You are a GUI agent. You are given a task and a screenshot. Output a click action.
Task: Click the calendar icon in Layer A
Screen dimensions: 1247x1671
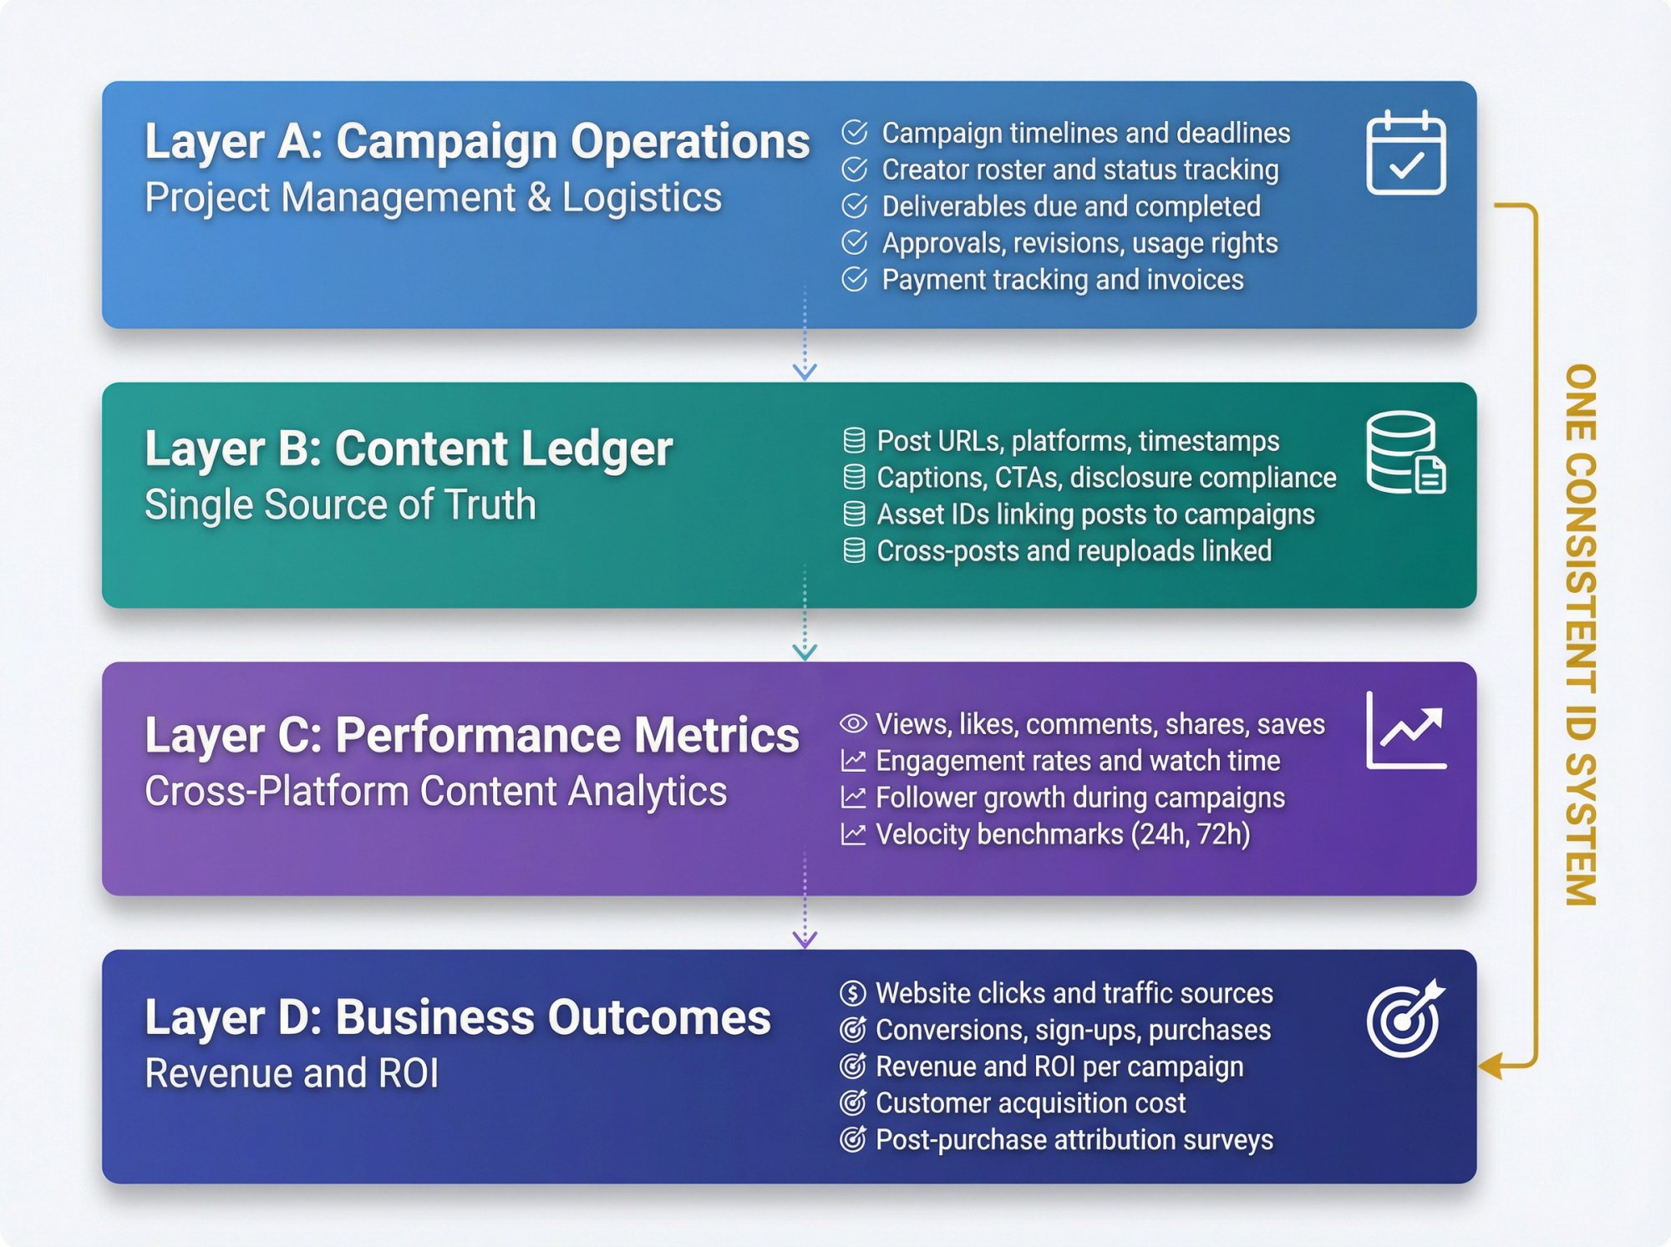pos(1406,154)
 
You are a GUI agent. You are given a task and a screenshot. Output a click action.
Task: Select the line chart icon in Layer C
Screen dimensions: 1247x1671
pos(1406,730)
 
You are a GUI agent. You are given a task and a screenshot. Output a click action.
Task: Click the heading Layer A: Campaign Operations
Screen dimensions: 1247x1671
pos(477,141)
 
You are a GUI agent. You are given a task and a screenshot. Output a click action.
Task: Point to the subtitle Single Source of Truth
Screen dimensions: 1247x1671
pos(340,504)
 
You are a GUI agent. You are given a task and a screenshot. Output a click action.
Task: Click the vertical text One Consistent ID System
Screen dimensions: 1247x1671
pos(1580,635)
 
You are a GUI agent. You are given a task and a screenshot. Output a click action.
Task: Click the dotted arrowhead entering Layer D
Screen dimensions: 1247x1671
pos(805,939)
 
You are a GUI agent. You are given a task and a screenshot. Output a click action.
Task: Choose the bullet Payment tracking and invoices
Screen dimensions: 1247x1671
pos(1062,280)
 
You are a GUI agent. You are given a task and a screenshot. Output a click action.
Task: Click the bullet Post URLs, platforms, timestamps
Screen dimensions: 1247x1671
pos(1078,441)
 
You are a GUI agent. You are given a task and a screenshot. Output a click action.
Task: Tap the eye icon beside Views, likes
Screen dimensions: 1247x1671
pos(853,723)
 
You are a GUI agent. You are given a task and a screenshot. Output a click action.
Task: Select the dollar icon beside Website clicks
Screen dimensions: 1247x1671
pos(852,993)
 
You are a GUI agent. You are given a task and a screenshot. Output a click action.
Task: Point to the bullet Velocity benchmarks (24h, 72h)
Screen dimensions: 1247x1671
pos(1063,834)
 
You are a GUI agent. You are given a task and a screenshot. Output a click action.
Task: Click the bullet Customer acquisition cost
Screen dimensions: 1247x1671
pos(1030,1103)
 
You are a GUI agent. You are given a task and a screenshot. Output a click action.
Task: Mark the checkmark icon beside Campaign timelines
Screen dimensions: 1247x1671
pos(854,133)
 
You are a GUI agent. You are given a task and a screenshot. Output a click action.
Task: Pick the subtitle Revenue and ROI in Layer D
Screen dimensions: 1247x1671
pos(292,1073)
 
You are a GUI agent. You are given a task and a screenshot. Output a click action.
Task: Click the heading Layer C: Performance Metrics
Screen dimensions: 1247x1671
pos(472,735)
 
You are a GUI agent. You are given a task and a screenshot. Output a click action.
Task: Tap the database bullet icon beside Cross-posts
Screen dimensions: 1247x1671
pos(854,551)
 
